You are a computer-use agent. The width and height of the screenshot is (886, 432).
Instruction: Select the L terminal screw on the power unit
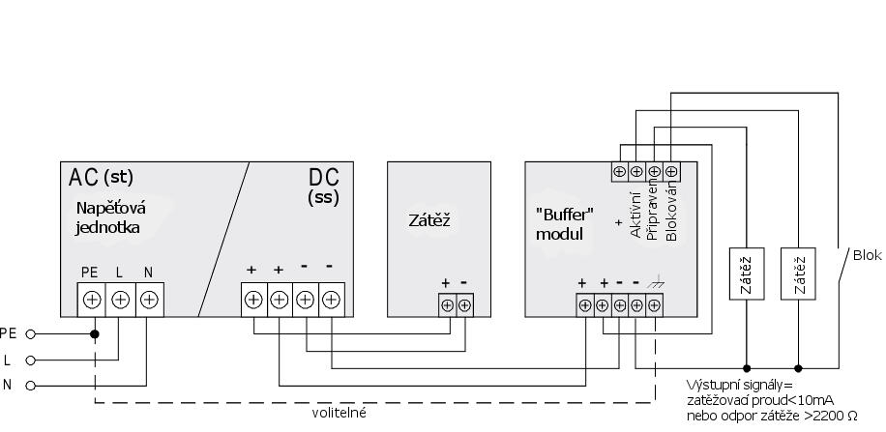click(120, 299)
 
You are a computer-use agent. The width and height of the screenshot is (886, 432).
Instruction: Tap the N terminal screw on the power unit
click(148, 299)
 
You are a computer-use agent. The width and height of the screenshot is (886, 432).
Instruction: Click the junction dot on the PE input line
click(95, 334)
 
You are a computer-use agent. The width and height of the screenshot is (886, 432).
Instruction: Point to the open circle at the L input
click(30, 360)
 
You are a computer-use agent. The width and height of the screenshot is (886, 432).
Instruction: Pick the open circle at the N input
click(30, 386)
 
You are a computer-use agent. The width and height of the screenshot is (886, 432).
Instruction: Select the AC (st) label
click(101, 177)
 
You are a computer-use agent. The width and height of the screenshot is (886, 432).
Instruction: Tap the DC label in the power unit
click(323, 179)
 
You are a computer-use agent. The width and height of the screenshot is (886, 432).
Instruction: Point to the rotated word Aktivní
click(635, 215)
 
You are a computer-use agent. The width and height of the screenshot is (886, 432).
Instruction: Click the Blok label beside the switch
click(867, 255)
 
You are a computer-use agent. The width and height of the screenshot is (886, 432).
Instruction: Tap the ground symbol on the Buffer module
click(655, 283)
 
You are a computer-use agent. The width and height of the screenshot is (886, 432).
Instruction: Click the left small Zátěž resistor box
click(746, 275)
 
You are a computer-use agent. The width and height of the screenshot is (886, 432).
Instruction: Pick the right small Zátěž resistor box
click(798, 275)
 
